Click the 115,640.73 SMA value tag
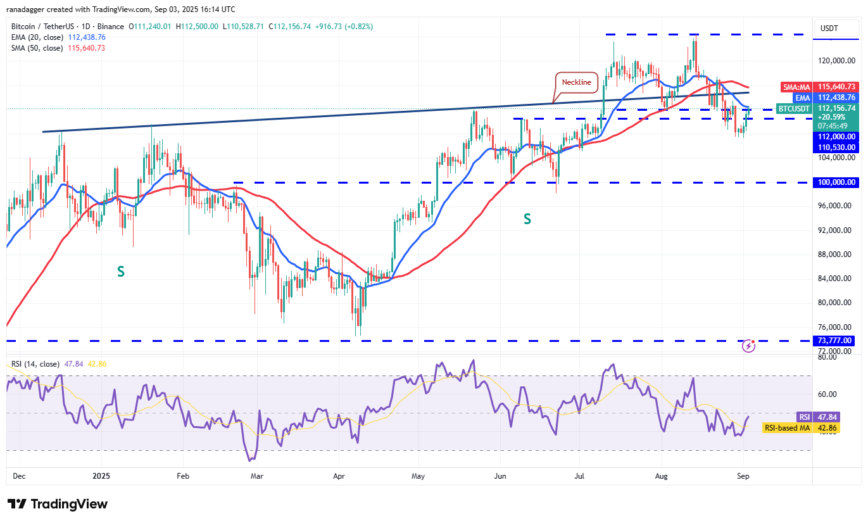pyautogui.click(x=836, y=87)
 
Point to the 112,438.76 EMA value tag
pyautogui.click(x=836, y=98)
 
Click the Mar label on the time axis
pyautogui.click(x=256, y=475)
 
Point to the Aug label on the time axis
pyautogui.click(x=662, y=475)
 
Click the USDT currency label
pyautogui.click(x=829, y=28)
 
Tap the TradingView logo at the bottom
pyautogui.click(x=58, y=504)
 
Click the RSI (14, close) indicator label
pyautogui.click(x=35, y=364)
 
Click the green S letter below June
pyautogui.click(x=527, y=219)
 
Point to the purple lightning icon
pyautogui.click(x=749, y=346)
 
